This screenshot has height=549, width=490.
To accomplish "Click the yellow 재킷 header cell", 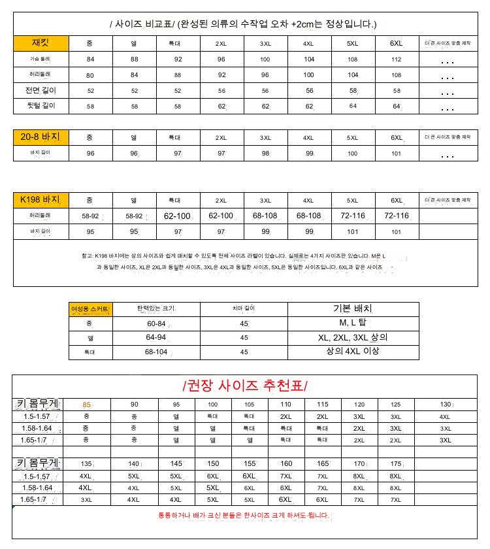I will click(41, 44).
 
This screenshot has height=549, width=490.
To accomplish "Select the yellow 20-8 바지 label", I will click(41, 137).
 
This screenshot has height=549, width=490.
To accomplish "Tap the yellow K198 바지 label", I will click(41, 199).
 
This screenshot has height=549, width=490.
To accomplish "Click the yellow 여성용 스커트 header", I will click(91, 309).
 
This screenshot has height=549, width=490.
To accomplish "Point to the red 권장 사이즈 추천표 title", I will click(245, 385).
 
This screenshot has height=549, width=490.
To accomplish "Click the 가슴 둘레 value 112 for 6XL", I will click(396, 59).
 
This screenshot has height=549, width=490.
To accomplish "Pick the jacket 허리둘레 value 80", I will click(90, 75).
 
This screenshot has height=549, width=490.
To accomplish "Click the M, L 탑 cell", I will click(353, 323).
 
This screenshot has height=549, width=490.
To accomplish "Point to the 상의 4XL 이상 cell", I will click(353, 352).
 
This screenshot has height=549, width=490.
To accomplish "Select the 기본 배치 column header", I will click(353, 308).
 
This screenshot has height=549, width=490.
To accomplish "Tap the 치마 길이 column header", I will click(244, 309).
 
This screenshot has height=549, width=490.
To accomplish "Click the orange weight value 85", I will click(87, 405).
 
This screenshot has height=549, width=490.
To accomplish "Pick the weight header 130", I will click(446, 405).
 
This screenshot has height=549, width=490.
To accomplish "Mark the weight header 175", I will click(396, 463).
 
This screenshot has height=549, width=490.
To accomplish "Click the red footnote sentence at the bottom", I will click(243, 516).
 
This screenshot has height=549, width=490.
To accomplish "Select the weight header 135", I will click(87, 463).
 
